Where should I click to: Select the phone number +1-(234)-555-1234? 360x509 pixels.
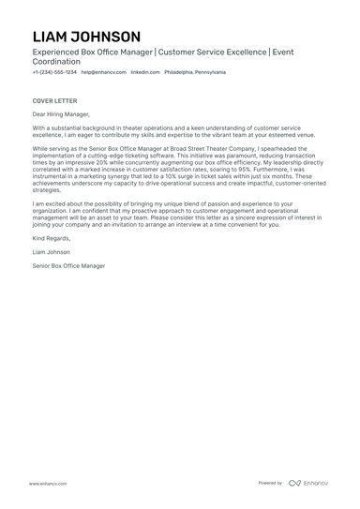(54, 72)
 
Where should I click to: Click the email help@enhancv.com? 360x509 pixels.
(103, 72)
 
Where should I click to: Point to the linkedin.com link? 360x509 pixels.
(144, 72)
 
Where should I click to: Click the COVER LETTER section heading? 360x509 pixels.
(54, 100)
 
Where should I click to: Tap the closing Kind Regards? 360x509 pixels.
(50, 239)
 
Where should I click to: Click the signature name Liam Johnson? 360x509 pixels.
(52, 252)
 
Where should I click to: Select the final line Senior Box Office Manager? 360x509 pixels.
(68, 265)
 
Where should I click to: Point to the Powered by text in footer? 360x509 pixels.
(270, 483)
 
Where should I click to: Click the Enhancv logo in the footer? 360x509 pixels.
(308, 483)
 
